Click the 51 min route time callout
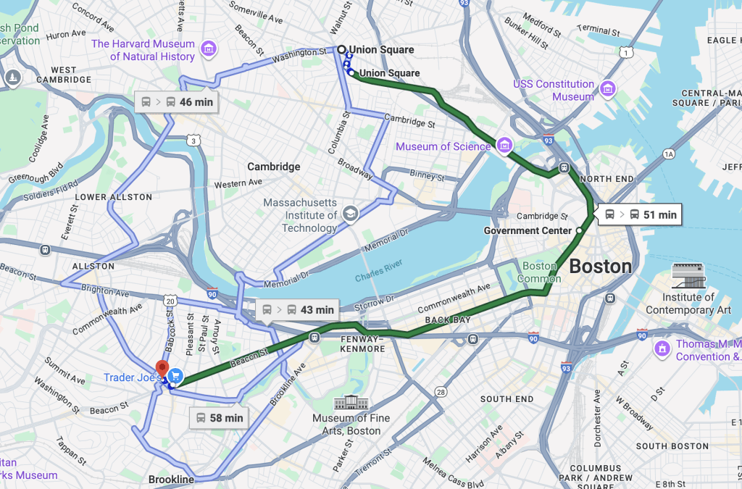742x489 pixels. [x=640, y=214]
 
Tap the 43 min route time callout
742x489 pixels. [x=297, y=310]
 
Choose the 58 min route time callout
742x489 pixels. [x=218, y=418]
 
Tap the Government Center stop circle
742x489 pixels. [x=579, y=230]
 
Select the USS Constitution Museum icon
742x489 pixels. [x=608, y=89]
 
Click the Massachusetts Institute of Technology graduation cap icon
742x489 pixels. [x=350, y=214]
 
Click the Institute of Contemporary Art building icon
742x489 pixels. [x=688, y=275]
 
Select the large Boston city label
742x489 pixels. [x=600, y=267]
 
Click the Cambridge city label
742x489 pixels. [x=273, y=167]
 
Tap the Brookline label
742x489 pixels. [x=171, y=480]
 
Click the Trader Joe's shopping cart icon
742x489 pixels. [x=175, y=377]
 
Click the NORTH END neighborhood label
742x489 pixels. [x=606, y=179]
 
